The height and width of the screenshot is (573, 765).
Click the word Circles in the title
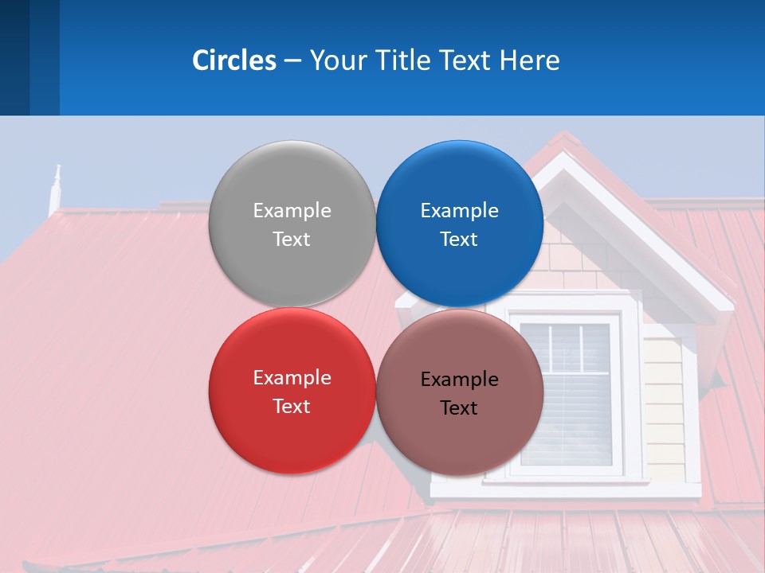[x=233, y=60]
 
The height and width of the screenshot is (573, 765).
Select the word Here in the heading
[x=529, y=60]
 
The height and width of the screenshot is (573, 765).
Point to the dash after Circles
[x=292, y=61]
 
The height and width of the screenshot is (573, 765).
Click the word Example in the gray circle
[x=292, y=211]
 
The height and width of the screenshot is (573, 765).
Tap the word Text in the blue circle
[x=459, y=240]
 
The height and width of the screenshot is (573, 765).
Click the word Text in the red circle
[x=292, y=407]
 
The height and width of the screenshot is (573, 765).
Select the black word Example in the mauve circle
[x=460, y=380]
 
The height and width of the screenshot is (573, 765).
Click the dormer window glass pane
[x=582, y=398]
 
